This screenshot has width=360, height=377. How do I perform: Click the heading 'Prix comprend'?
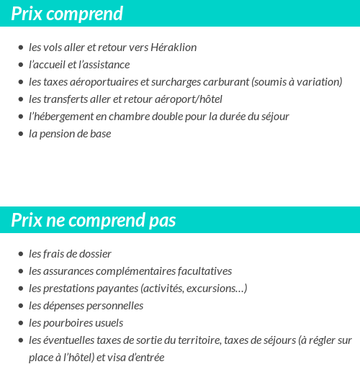pyautogui.click(x=67, y=14)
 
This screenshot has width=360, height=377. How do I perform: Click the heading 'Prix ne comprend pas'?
pyautogui.click(x=94, y=220)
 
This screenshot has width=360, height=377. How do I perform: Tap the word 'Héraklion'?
pyautogui.click(x=174, y=47)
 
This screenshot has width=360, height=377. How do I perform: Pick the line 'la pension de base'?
pyautogui.click(x=70, y=134)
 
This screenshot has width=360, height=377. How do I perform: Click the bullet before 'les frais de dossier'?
pyautogui.click(x=21, y=254)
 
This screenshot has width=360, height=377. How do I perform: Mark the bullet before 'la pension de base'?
pyautogui.click(x=21, y=134)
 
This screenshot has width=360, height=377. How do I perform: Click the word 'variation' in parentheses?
pyautogui.click(x=317, y=82)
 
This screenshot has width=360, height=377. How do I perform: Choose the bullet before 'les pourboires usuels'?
pyautogui.click(x=21, y=323)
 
